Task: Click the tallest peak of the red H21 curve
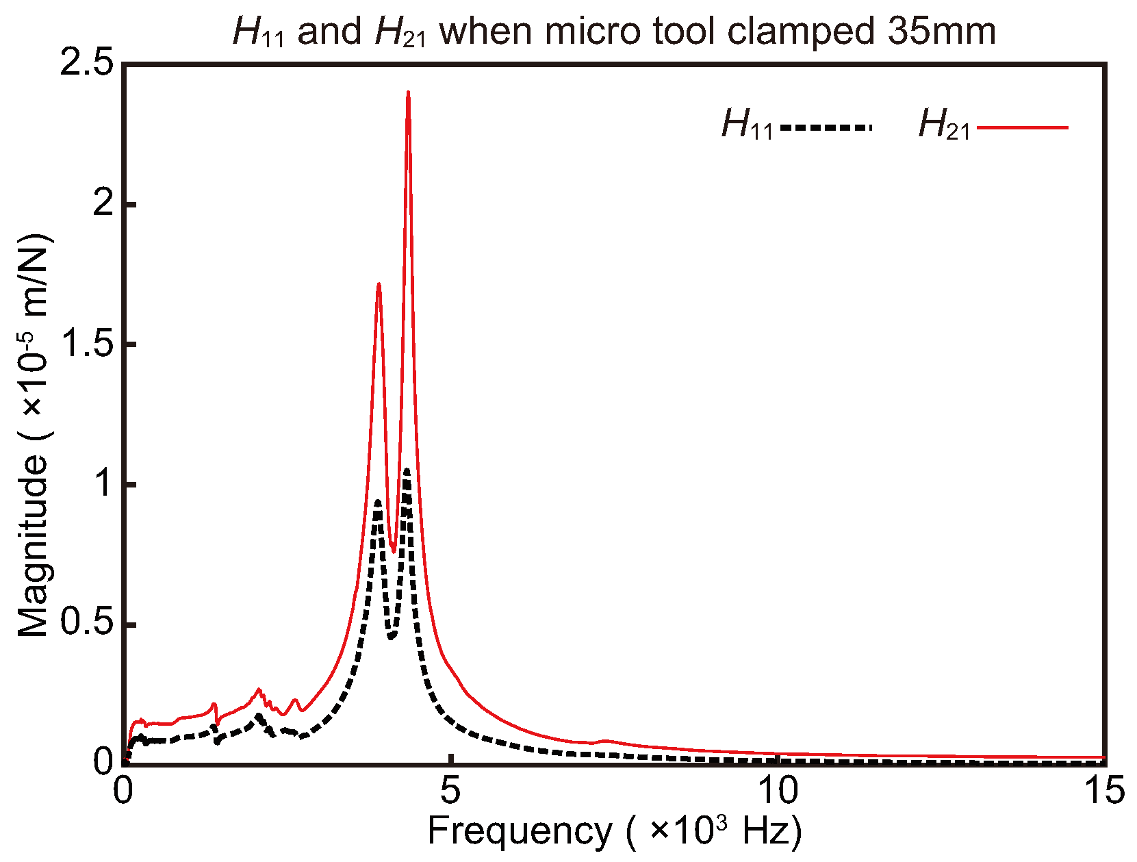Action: [x=408, y=92]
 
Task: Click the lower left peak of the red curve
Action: [x=378, y=284]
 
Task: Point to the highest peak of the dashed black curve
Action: [x=407, y=470]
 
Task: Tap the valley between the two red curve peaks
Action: [x=394, y=550]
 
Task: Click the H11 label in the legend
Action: [x=747, y=125]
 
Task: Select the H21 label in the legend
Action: [x=944, y=125]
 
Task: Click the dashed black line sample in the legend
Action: [x=826, y=127]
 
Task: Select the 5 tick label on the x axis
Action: [x=450, y=791]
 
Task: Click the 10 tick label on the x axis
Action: [x=778, y=791]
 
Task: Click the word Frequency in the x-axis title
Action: [x=520, y=832]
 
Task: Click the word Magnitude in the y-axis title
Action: [x=33, y=548]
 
